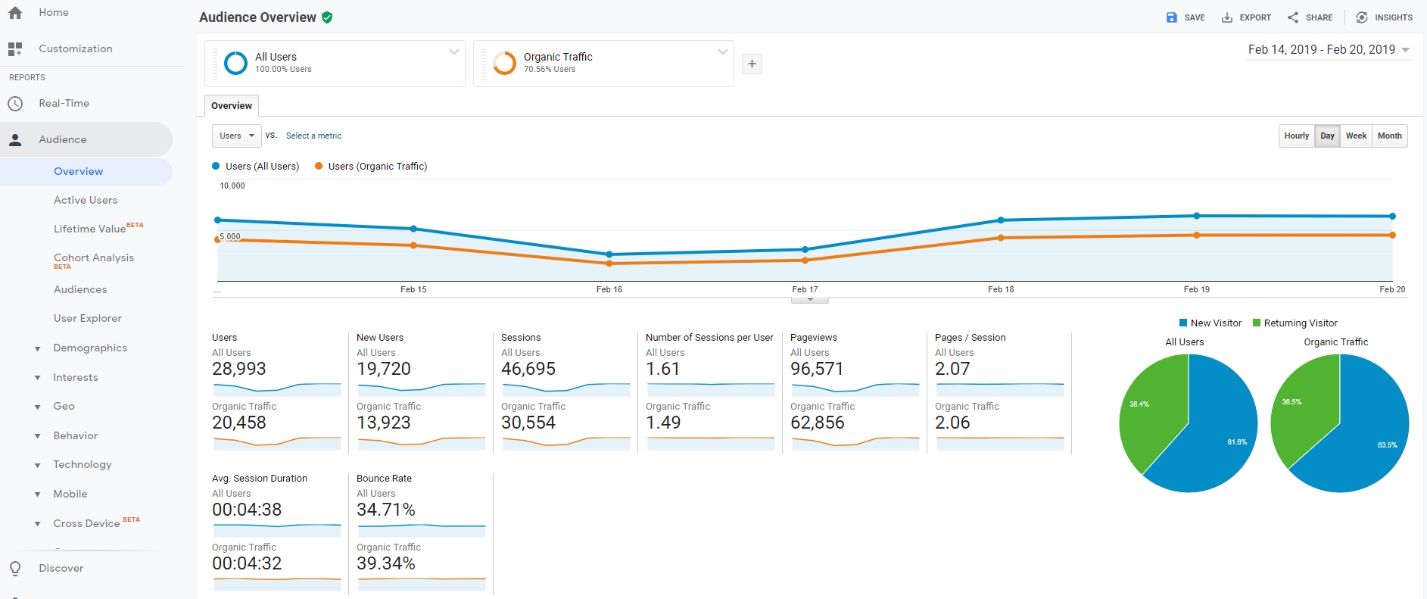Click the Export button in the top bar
(1246, 17)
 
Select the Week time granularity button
(1356, 136)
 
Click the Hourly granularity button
(1296, 136)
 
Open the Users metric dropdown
(236, 136)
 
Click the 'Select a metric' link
(313, 136)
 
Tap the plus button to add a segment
(752, 64)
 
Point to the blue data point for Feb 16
(609, 254)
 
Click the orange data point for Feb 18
(1001, 238)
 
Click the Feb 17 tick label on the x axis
(805, 289)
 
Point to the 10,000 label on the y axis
(232, 186)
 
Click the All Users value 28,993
(239, 369)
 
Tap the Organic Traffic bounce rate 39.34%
(386, 563)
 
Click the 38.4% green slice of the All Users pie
(1147, 413)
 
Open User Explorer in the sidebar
(88, 318)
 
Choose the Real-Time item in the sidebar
(64, 103)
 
